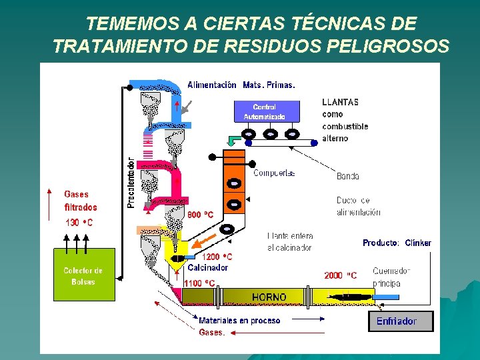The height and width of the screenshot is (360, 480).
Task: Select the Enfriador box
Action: [x=400, y=321]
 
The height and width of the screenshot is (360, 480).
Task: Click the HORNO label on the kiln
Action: [x=269, y=297]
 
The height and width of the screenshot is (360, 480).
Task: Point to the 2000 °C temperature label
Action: [x=340, y=275]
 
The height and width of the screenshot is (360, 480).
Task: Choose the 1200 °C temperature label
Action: [x=217, y=257]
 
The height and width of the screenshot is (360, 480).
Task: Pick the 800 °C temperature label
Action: [x=200, y=215]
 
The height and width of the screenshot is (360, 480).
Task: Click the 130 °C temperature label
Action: [x=79, y=222]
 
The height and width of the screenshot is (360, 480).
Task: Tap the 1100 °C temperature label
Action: [x=200, y=283]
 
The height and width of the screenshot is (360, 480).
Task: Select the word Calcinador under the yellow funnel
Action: [x=207, y=267]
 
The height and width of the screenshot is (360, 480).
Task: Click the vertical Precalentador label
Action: [x=131, y=183]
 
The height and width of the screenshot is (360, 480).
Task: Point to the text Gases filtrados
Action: [x=81, y=201]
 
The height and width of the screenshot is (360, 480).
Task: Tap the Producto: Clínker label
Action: [x=397, y=243]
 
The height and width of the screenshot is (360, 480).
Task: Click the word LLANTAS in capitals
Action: [x=340, y=102]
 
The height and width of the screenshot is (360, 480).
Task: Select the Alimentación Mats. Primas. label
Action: [x=241, y=85]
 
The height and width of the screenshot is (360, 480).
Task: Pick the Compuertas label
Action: [x=274, y=173]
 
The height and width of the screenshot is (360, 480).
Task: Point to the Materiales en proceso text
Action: [x=239, y=321]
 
